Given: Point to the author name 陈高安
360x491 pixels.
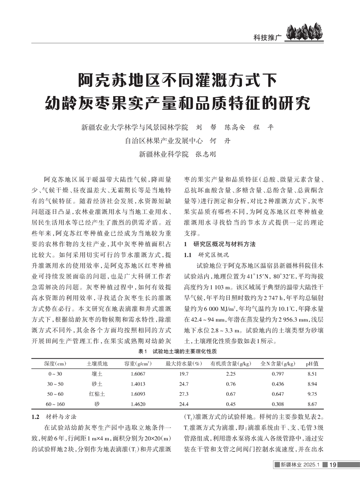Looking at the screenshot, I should click(235, 126).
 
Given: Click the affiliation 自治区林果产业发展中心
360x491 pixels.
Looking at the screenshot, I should click(164, 140).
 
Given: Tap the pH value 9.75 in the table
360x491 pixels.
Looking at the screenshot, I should click(313, 394).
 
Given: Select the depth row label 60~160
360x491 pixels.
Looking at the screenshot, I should click(55, 404).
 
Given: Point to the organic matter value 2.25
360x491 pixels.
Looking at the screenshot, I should click(231, 373).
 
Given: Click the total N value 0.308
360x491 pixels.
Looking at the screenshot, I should click(278, 404).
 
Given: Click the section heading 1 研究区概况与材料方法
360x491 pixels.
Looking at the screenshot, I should click(220, 244).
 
